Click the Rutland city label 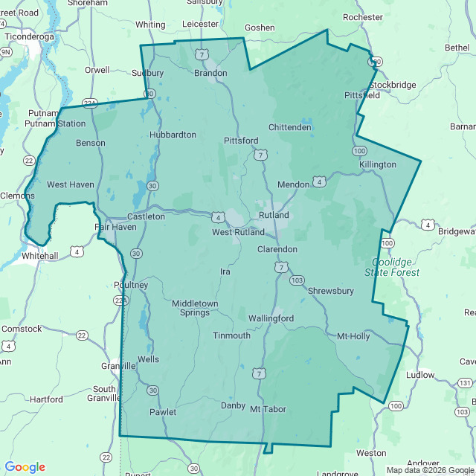pyautogui.click(x=274, y=215)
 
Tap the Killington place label pyautogui.click(x=378, y=164)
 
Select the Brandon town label pyautogui.click(x=210, y=73)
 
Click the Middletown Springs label pyautogui.click(x=195, y=308)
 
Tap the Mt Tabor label pyautogui.click(x=268, y=409)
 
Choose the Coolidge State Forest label pyautogui.click(x=392, y=267)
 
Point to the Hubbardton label pyautogui.click(x=173, y=135)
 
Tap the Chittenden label pyautogui.click(x=290, y=127)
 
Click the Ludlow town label pyautogui.click(x=420, y=375)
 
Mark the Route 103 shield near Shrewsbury pyautogui.click(x=297, y=280)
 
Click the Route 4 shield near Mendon pyautogui.click(x=318, y=181)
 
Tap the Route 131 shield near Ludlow pyautogui.click(x=465, y=382)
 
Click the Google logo pyautogui.click(x=25, y=467)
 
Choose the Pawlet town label pyautogui.click(x=163, y=412)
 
